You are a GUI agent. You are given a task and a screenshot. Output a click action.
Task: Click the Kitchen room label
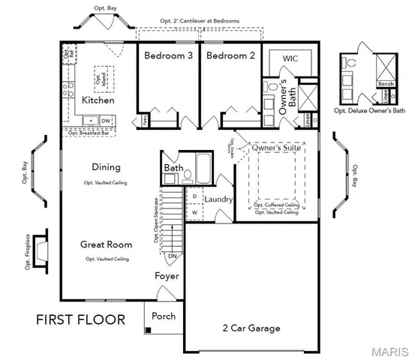point(98,100)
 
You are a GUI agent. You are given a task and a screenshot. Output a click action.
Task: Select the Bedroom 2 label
point(227,56)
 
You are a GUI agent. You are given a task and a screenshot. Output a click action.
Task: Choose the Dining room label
point(107,167)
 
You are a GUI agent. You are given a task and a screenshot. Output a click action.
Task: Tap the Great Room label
point(107,244)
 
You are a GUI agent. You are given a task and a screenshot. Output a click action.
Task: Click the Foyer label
point(167,276)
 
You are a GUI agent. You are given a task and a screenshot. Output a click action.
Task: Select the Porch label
point(164,316)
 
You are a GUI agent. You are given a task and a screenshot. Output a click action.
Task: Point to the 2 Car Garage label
point(251,328)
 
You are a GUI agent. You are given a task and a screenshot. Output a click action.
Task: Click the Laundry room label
point(218,199)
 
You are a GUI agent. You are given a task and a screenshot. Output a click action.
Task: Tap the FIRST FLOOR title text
point(80,320)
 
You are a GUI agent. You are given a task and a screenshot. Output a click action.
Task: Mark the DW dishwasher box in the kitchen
point(106,120)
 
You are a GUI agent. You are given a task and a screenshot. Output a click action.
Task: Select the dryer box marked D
point(194,196)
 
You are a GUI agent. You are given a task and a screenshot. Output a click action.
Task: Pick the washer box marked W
point(194,212)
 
